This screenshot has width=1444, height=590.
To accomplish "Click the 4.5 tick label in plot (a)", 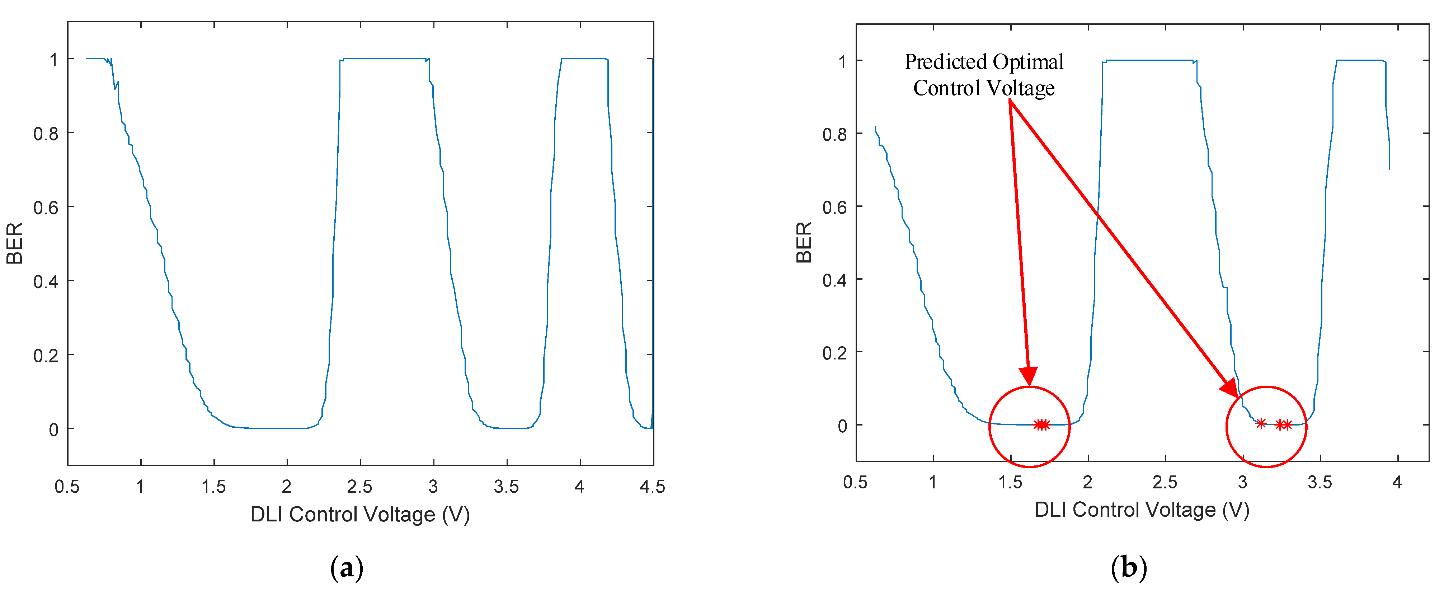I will point(652,486).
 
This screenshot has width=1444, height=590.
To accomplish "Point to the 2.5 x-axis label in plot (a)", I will point(359,486).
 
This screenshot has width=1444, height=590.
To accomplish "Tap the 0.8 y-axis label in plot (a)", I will point(46,134).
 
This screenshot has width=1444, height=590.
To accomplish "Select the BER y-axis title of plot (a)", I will point(15,243).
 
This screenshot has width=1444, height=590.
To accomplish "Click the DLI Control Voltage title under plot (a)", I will point(360,514).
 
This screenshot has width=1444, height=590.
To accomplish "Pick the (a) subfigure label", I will point(347,568).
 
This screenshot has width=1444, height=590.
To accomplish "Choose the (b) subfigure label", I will point(1128,568).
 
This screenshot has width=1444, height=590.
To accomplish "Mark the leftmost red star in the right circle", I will point(1261,423).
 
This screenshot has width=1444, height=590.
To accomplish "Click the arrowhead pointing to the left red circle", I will point(1029,376).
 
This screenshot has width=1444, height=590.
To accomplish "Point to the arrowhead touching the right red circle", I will point(1230,389).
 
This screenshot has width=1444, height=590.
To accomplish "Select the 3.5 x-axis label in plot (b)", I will point(1320,482).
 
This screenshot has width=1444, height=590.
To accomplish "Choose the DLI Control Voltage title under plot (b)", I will point(1142,510).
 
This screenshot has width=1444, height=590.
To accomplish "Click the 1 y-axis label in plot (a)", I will point(54,60).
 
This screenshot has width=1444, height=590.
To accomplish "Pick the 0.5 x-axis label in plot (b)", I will point(855,482).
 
